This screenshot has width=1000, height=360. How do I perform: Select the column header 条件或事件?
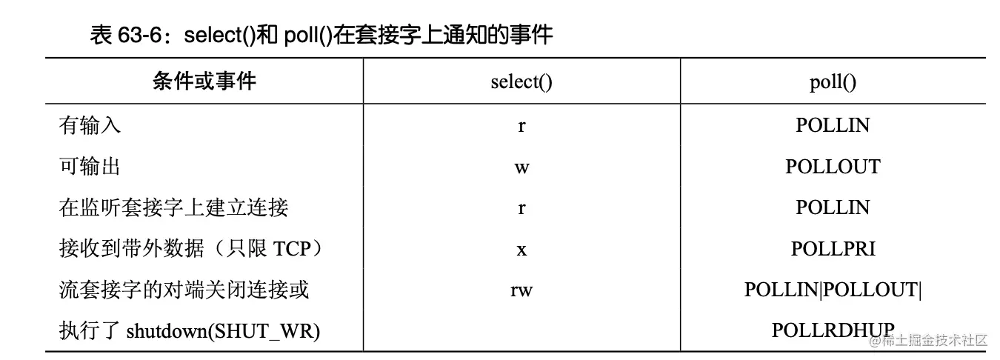pyautogui.click(x=204, y=81)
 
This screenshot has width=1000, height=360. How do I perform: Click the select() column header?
pyautogui.click(x=521, y=81)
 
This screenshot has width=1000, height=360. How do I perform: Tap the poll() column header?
pyautogui.click(x=833, y=81)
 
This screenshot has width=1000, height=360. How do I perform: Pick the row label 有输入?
pyautogui.click(x=90, y=125)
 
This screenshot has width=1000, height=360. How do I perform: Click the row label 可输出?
pyautogui.click(x=90, y=167)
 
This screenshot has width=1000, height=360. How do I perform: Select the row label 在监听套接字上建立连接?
pyautogui.click(x=173, y=207)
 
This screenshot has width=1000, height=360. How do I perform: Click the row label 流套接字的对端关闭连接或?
pyautogui.click(x=184, y=290)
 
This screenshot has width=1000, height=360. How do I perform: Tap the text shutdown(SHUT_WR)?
pyautogui.click(x=223, y=331)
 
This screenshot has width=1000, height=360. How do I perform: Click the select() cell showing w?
pyautogui.click(x=521, y=167)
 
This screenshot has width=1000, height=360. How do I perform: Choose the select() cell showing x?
pyautogui.click(x=521, y=250)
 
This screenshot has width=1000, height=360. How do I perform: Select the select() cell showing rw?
pyautogui.click(x=521, y=290)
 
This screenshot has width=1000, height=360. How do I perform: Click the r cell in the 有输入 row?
pyautogui.click(x=521, y=126)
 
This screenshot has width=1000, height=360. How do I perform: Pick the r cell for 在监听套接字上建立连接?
pyautogui.click(x=521, y=208)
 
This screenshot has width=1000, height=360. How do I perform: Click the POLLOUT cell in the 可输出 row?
pyautogui.click(x=833, y=167)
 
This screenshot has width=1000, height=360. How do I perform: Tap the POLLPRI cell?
pyautogui.click(x=833, y=249)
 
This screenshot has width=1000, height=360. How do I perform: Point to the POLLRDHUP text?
pyautogui.click(x=833, y=330)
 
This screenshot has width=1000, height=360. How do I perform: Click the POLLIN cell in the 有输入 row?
pyautogui.click(x=833, y=125)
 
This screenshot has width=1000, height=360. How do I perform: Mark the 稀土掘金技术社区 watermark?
pyautogui.click(x=935, y=340)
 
